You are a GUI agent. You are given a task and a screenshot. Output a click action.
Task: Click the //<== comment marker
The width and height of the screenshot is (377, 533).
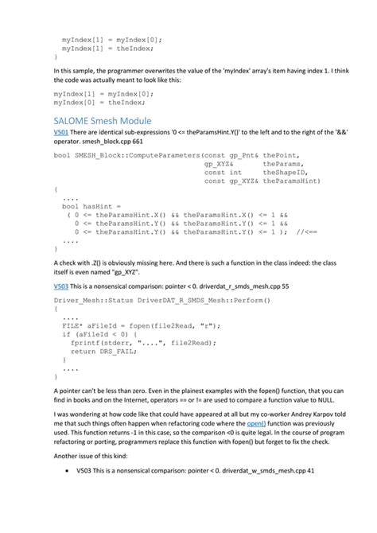point(306,231)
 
